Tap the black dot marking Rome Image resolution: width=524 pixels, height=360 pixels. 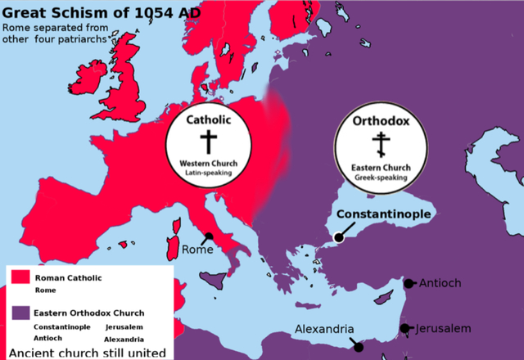210,236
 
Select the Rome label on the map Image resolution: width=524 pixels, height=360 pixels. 197,250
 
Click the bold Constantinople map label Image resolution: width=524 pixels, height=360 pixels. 384,214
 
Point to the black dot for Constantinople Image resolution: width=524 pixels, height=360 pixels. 337,238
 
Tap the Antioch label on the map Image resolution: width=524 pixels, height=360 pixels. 440,283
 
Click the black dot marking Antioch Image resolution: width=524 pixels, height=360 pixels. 409,284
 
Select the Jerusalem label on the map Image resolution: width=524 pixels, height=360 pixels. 443,328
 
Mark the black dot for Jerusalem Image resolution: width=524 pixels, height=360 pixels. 404,328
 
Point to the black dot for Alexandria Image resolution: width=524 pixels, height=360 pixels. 359,347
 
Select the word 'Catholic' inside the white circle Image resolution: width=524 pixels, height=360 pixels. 209,120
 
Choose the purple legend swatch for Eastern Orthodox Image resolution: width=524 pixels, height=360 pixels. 20,313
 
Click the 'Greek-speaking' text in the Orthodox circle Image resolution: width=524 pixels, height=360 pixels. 381,176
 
